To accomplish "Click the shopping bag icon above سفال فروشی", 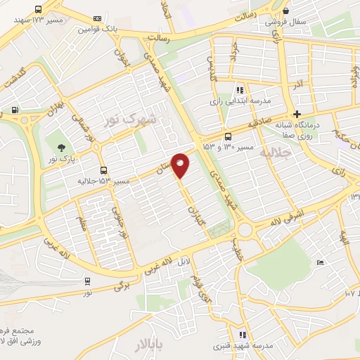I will point(285,11).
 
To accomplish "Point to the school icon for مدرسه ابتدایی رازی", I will point(240,90).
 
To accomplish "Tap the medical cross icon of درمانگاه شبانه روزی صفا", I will point(297,114).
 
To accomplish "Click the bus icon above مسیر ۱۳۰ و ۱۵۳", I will point(227,136).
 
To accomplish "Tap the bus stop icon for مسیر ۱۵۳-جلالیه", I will point(104,170).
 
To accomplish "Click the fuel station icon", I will point(15,110).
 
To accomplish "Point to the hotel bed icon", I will point(320,263).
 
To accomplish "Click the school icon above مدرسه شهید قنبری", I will point(243,335).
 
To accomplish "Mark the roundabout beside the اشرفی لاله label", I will point(245,230).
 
